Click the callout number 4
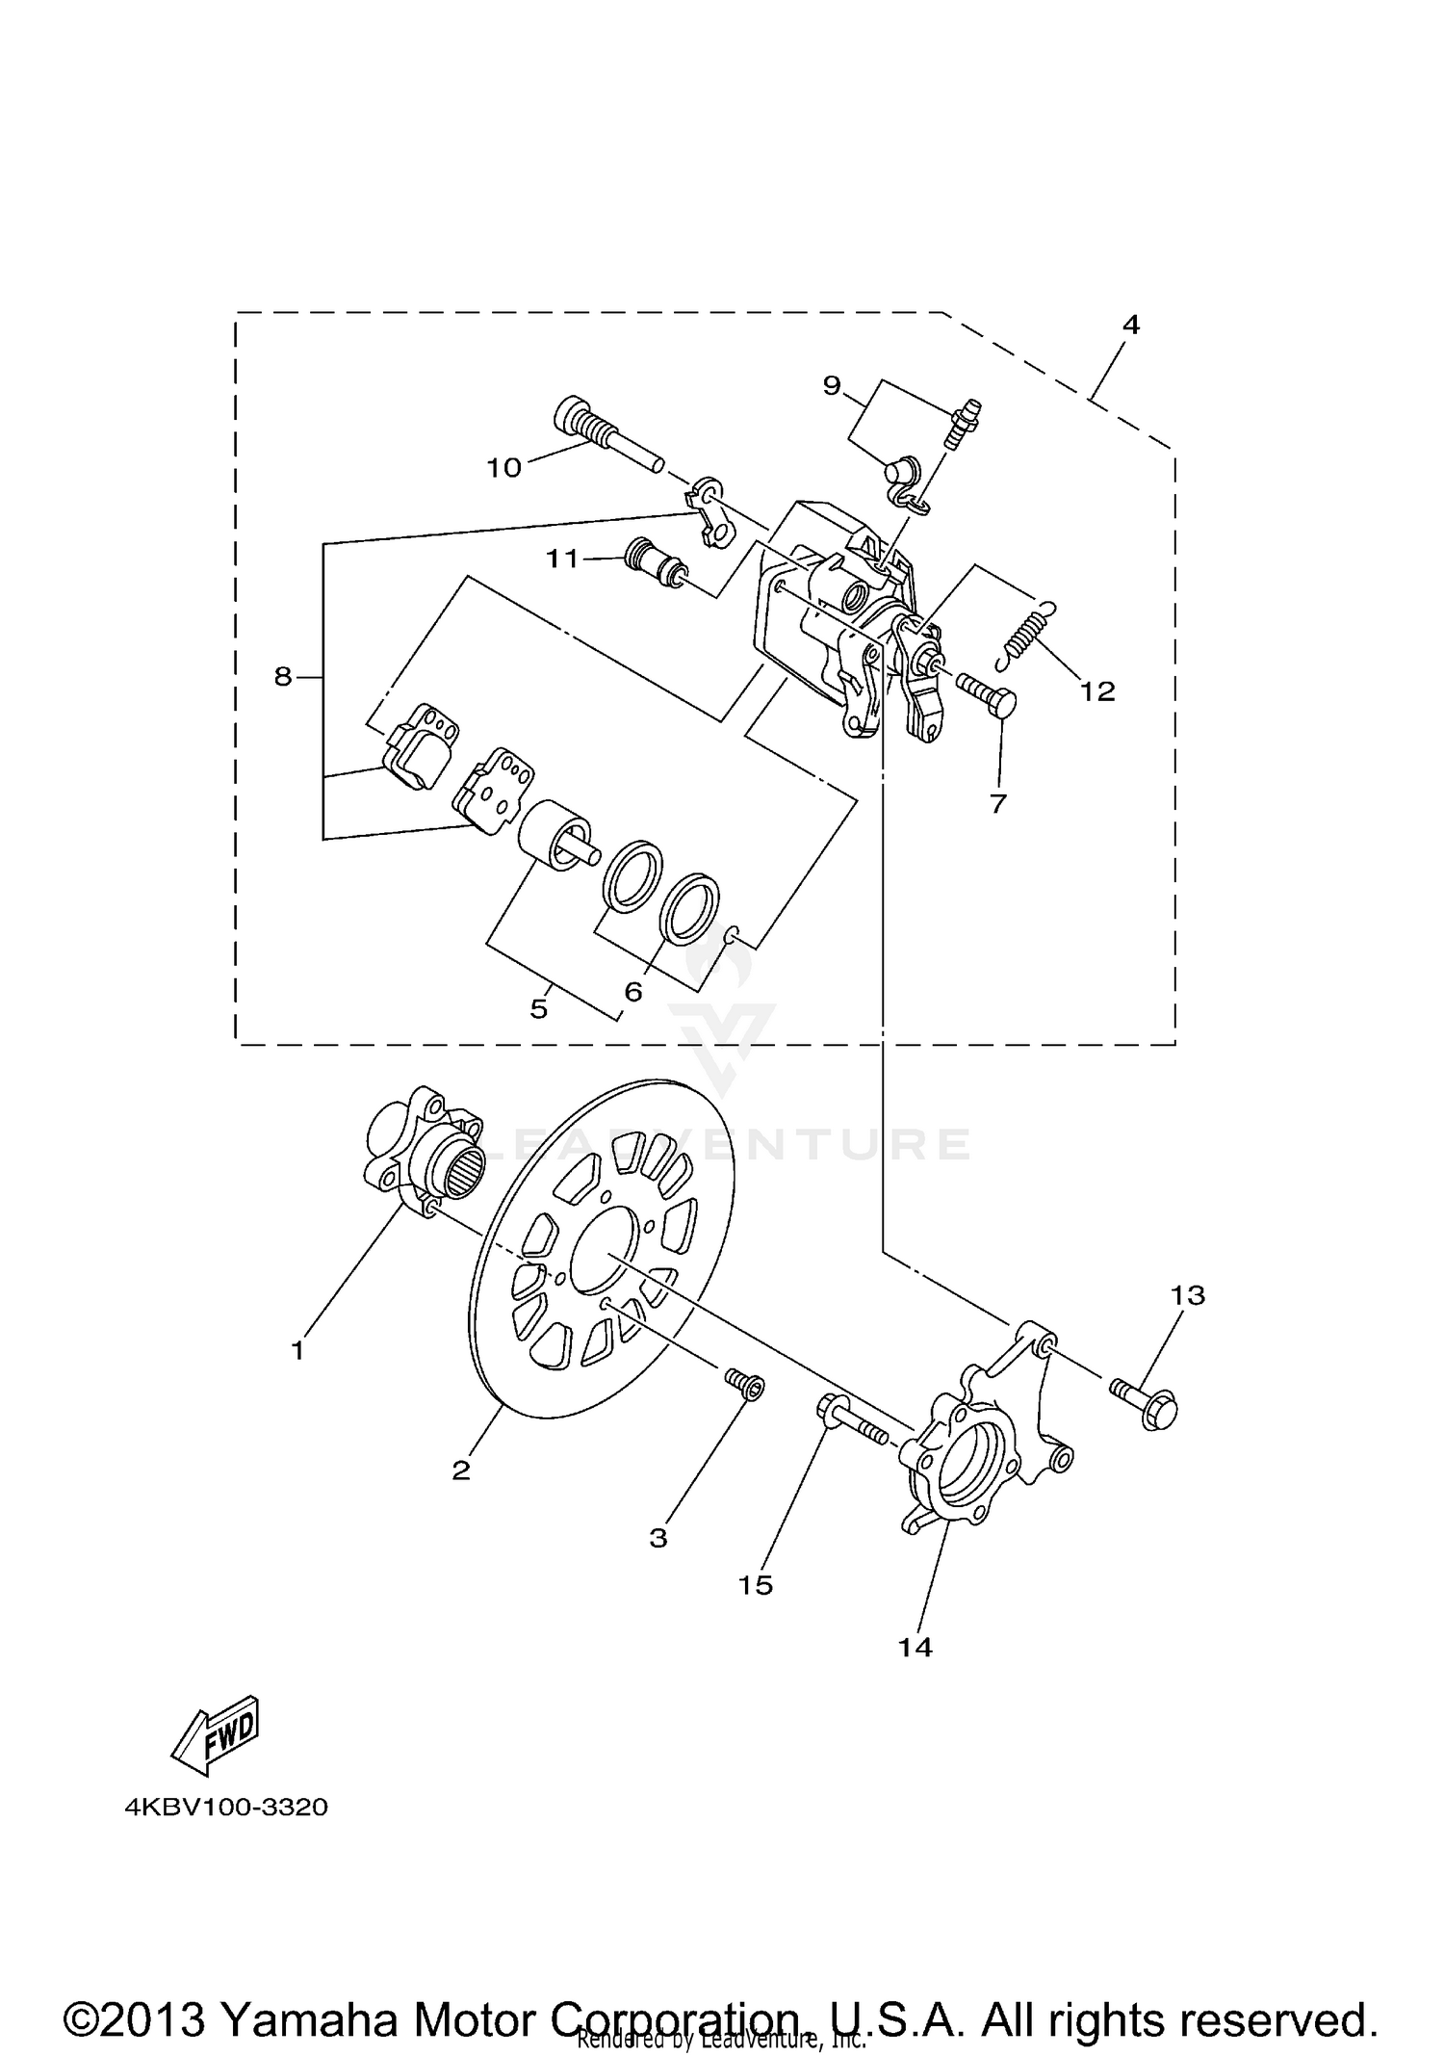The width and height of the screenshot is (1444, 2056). (x=1130, y=325)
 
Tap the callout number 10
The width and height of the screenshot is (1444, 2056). (x=503, y=468)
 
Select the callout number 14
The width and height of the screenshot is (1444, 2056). (x=915, y=1647)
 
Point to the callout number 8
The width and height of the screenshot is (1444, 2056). (x=282, y=677)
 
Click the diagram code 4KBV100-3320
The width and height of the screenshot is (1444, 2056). (x=226, y=1807)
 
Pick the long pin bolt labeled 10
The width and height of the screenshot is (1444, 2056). (x=606, y=439)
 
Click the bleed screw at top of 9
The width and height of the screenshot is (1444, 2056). (x=964, y=424)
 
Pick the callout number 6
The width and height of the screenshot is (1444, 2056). (x=632, y=991)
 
